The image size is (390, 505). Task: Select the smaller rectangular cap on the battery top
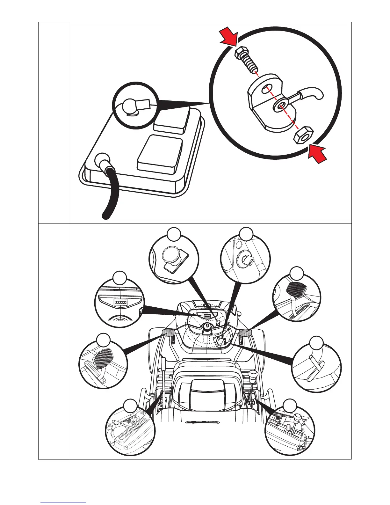click(x=172, y=120)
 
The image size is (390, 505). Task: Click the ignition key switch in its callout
click(x=246, y=259)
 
